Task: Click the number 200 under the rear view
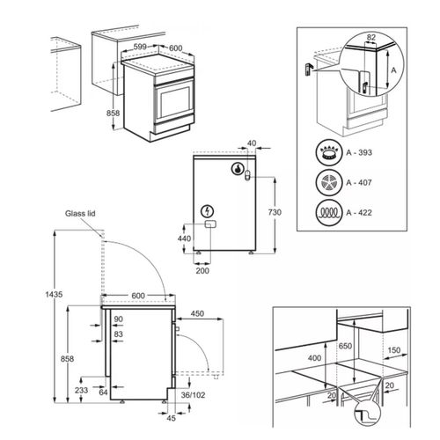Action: pos(202,272)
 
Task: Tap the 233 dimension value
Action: pos(81,389)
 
